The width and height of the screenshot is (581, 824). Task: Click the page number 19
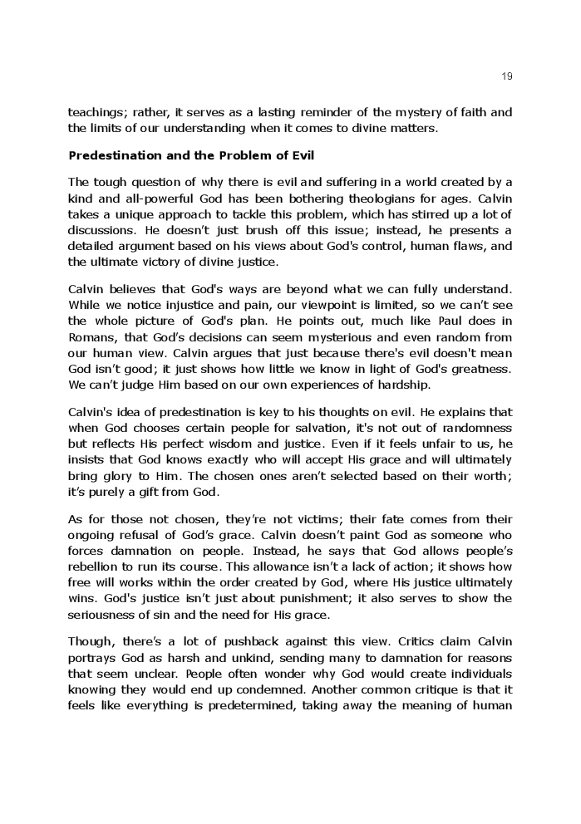pyautogui.click(x=507, y=76)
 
